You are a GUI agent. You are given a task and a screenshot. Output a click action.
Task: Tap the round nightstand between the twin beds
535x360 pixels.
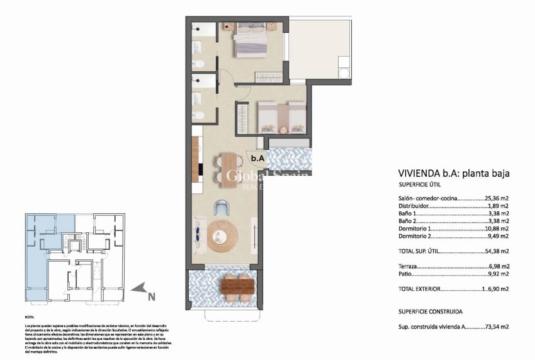(283, 130)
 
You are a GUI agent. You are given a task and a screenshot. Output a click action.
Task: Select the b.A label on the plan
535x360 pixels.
(257, 159)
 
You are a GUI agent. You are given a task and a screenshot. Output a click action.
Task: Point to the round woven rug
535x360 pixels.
(225, 234)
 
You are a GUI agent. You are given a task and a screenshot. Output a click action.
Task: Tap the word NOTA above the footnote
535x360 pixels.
(30, 318)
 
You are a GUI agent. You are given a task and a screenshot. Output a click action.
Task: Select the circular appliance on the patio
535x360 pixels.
(344, 74)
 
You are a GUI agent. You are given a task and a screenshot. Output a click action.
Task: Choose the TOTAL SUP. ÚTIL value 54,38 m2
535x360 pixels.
(496, 251)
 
